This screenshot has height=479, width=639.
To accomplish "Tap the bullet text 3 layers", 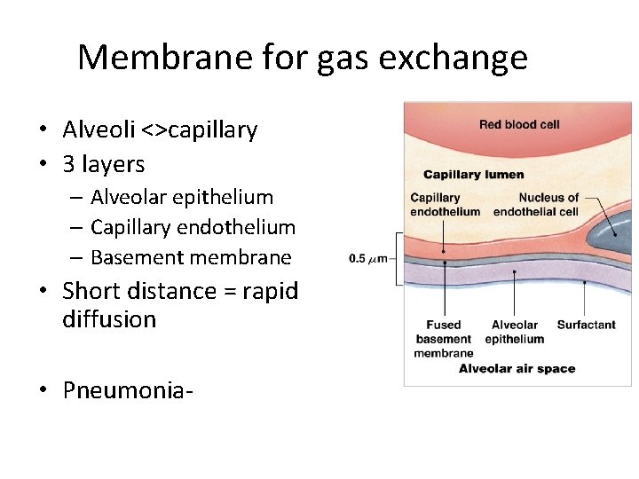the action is (x=104, y=164).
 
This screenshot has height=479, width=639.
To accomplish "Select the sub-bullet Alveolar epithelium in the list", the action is (x=182, y=197).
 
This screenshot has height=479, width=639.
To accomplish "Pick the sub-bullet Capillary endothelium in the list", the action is (x=193, y=227).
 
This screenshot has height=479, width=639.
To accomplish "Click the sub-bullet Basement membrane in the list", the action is (x=191, y=257).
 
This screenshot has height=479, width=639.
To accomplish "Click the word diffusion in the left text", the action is (x=109, y=319).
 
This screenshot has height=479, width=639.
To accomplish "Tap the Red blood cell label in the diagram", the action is (x=519, y=124).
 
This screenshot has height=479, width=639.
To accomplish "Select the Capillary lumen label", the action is (x=473, y=174).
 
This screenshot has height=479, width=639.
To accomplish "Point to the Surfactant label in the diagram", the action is (x=586, y=325).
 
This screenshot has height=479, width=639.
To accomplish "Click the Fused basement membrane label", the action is (x=443, y=339).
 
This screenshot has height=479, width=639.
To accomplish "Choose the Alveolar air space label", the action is (x=517, y=368).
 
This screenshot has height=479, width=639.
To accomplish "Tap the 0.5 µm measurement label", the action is (x=367, y=259).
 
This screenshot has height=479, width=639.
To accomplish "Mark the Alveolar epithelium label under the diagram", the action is (x=515, y=332).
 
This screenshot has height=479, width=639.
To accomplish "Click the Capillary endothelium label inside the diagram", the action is (x=445, y=204).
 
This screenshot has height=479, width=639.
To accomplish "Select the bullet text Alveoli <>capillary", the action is (x=160, y=130).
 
